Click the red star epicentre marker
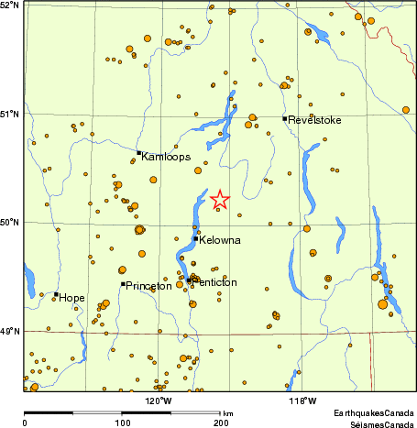coord(220,199)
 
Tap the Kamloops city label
coord(166,157)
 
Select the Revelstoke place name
coord(314,120)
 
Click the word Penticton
coord(213,282)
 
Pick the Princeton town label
coord(148,286)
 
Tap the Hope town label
coord(72,297)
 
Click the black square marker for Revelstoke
coord(285,118)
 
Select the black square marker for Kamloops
coord(139,153)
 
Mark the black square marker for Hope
coord(57,294)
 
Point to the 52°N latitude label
coord(11,5)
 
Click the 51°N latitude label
coord(11,114)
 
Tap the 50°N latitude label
coord(11,222)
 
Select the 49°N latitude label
coord(11,331)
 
